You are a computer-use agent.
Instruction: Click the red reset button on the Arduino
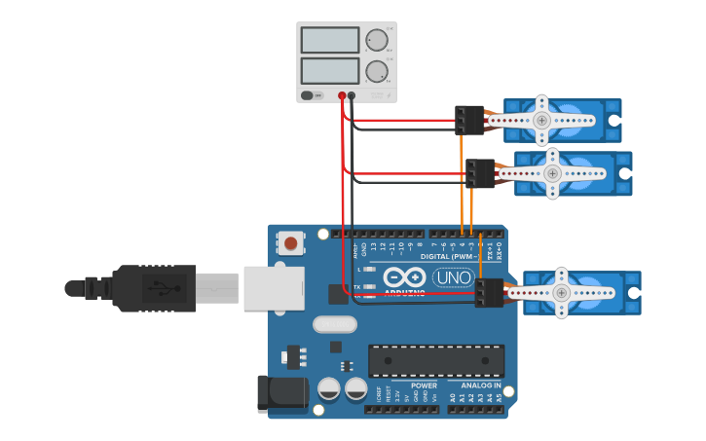[x=290, y=242]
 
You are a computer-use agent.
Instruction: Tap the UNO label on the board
[x=452, y=277]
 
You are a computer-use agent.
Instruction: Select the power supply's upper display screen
[x=330, y=40]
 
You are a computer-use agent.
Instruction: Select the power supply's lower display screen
[x=330, y=71]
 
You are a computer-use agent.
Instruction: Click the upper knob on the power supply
[x=376, y=40]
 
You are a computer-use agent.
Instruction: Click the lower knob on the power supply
[x=376, y=71]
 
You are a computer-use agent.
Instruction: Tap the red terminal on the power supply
[x=342, y=95]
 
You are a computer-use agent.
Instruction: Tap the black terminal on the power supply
[x=352, y=95]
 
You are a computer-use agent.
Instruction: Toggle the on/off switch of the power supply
[x=308, y=95]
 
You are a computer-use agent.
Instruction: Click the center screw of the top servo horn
[x=542, y=120]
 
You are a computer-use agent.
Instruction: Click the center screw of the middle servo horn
[x=552, y=173]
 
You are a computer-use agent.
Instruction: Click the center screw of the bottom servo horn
[x=561, y=292]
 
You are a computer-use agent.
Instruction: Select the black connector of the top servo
[x=468, y=120]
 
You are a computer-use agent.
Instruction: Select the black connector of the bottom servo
[x=488, y=292]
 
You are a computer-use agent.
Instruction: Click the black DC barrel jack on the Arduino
[x=280, y=393]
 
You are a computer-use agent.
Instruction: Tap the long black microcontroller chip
[x=436, y=360]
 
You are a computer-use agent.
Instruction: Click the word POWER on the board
[x=425, y=386]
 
